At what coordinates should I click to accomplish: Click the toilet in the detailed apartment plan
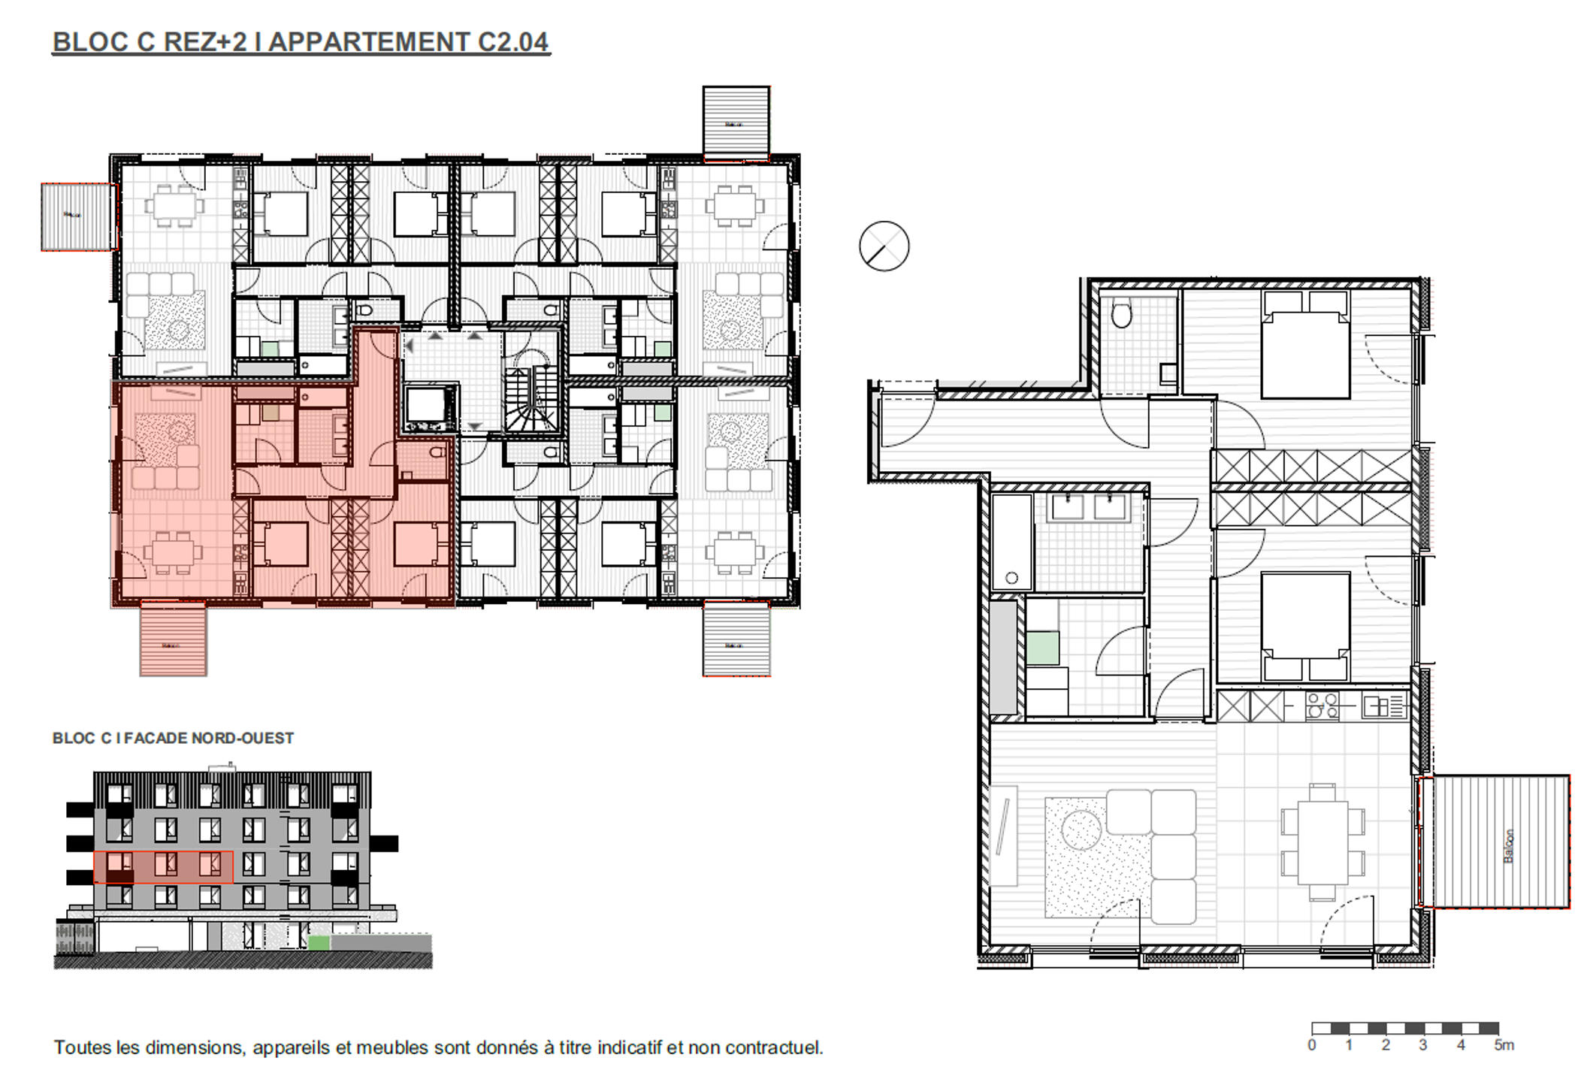[1121, 314]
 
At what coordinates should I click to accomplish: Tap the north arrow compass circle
[884, 246]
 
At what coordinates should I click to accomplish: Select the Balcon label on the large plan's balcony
[1509, 845]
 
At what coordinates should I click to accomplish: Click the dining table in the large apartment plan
[1322, 842]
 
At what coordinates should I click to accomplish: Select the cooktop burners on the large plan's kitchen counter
[1322, 707]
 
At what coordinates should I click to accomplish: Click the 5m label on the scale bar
[1504, 1045]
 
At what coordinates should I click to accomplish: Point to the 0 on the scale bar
[1312, 1045]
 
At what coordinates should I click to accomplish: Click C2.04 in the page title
[513, 42]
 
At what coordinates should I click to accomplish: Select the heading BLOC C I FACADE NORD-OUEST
[173, 739]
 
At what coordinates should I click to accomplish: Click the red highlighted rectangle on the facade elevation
[163, 867]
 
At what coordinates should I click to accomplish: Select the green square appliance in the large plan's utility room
[1042, 648]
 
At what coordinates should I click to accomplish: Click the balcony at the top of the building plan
[736, 122]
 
